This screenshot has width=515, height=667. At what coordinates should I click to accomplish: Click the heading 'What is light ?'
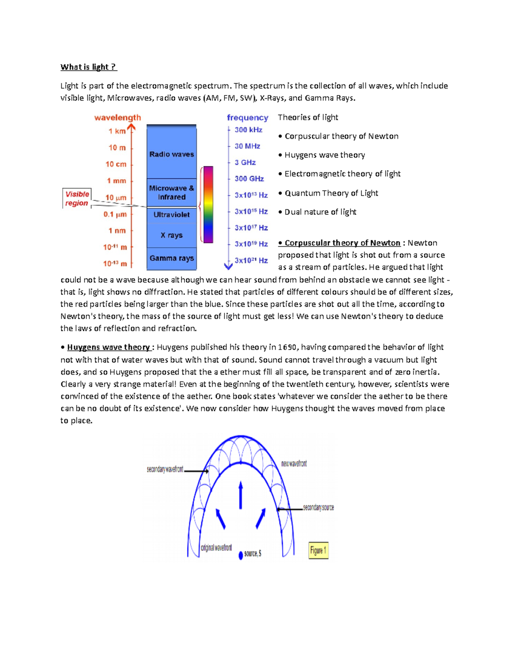click(x=88, y=67)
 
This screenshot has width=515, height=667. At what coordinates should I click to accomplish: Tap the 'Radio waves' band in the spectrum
click(x=171, y=154)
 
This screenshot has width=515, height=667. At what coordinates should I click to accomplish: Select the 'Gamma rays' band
click(x=171, y=258)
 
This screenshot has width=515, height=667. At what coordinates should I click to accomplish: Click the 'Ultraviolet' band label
click(x=171, y=214)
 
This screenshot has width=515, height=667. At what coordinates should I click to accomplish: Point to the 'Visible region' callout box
click(x=77, y=198)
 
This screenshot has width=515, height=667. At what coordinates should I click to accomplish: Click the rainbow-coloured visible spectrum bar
click(x=208, y=204)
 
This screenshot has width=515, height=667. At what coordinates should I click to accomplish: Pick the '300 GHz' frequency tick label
click(x=249, y=179)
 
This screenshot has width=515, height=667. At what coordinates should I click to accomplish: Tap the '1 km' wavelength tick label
click(x=117, y=131)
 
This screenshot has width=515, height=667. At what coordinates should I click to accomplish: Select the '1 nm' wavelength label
click(x=117, y=231)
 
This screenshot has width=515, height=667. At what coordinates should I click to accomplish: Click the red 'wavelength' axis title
click(x=118, y=118)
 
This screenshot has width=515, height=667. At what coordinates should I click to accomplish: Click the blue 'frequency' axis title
click(x=248, y=118)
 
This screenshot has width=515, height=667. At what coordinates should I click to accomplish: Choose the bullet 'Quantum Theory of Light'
click(x=331, y=193)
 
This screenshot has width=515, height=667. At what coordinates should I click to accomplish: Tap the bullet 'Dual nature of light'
click(x=320, y=212)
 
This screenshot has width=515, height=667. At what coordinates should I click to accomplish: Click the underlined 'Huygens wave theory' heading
click(x=109, y=347)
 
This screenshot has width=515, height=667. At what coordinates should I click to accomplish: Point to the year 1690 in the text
click(x=287, y=347)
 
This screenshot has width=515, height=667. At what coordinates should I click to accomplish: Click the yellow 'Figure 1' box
click(x=318, y=550)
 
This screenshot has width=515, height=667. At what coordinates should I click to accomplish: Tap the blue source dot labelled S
click(x=241, y=555)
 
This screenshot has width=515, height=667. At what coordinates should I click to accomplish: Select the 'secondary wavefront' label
click(x=165, y=469)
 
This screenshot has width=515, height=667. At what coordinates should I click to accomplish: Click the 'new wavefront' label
click(x=294, y=464)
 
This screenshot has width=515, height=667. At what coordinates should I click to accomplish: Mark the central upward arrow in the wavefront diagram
click(x=241, y=495)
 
